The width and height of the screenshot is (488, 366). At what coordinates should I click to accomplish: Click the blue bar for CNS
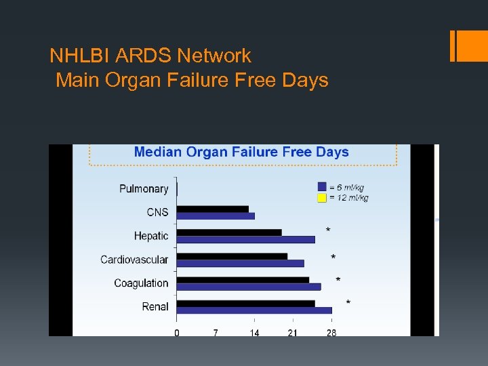point(216,216)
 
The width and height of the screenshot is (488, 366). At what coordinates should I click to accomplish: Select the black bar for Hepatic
point(229,232)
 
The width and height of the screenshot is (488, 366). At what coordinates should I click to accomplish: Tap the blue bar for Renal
point(254,310)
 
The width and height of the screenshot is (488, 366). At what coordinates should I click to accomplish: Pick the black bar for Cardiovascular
point(232,256)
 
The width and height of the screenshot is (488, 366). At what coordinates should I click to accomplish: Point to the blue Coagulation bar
point(249,287)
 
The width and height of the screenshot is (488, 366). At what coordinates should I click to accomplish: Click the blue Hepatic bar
point(245,239)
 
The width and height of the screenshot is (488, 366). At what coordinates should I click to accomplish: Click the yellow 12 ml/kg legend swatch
point(322,198)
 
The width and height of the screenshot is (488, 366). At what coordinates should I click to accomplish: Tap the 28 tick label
point(331,333)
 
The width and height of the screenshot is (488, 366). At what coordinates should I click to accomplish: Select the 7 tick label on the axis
point(216,333)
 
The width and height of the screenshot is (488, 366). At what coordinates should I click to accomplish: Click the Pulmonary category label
point(144,188)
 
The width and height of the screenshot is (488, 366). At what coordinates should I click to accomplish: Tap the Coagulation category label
point(141,283)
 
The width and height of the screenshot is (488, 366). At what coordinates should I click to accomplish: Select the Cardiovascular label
point(134,260)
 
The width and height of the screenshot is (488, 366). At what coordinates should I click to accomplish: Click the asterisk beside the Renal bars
point(348,302)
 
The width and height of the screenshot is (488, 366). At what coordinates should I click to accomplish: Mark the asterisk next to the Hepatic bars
point(329,230)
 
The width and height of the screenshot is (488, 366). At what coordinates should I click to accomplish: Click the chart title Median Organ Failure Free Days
point(241,152)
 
